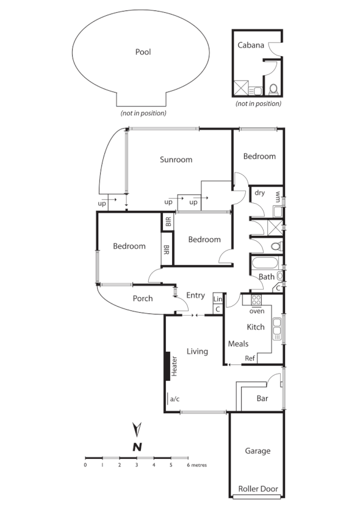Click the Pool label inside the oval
pyautogui.click(x=143, y=52)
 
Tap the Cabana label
pyautogui.click(x=251, y=45)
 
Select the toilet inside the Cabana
pyautogui.click(x=273, y=89)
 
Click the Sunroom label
pyautogui.click(x=176, y=160)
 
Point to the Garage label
pyautogui.click(x=257, y=451)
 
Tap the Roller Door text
pyautogui.click(x=257, y=489)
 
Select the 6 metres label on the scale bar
pyautogui.click(x=196, y=465)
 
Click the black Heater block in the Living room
pyautogui.click(x=167, y=366)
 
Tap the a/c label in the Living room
pyautogui.click(x=175, y=399)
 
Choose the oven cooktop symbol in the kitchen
pyautogui.click(x=256, y=300)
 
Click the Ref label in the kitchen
pyautogui.click(x=250, y=358)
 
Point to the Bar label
pyautogui.click(x=262, y=399)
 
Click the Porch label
pyautogui.click(x=142, y=299)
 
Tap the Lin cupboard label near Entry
pyautogui.click(x=217, y=299)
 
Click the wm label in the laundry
pyautogui.click(x=278, y=197)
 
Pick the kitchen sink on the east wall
pyautogui.click(x=278, y=329)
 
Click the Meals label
pyautogui.click(x=238, y=344)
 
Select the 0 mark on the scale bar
pyautogui.click(x=85, y=465)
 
